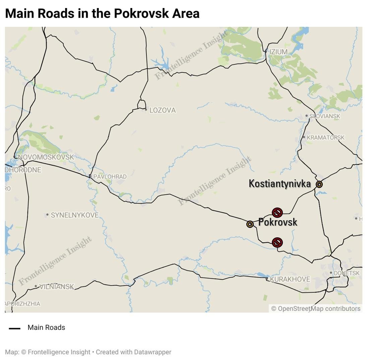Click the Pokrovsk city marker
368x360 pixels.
pos(250,224)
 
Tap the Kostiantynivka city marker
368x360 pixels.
pos(319,184)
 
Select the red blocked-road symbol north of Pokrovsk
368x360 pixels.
pos(277,213)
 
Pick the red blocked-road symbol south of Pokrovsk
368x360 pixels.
pos(277,242)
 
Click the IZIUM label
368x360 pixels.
pos(278,52)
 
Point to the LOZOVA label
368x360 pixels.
pos(162,110)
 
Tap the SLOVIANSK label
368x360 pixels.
pos(324,116)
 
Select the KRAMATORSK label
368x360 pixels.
pos(325,138)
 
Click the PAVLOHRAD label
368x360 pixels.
pos(110,177)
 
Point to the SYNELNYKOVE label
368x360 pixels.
pos(74,215)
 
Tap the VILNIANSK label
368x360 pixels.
pos(56,287)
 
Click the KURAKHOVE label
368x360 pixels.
pos(290,279)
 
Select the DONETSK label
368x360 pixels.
pos(347,273)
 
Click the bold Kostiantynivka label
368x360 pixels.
pos(280,184)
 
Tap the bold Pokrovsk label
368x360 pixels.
pos(278,222)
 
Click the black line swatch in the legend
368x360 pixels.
pos(14,328)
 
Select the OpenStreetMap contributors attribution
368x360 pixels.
pos(316,309)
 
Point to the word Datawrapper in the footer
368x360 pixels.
pos(152,352)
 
